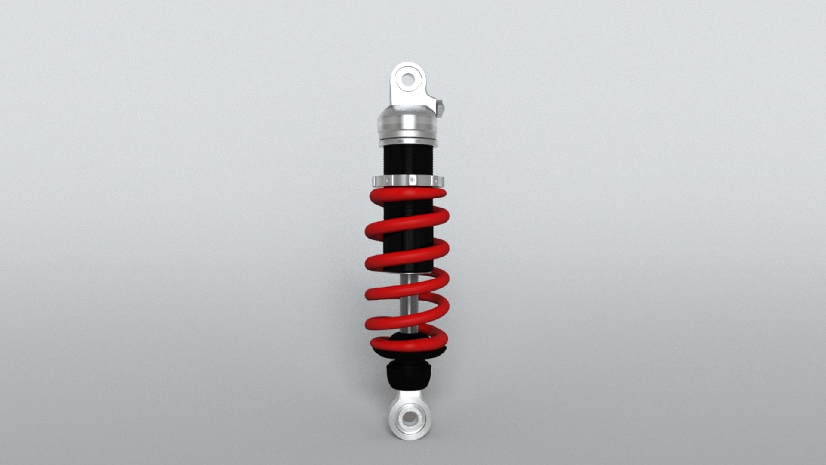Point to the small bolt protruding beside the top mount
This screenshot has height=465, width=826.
(x=440, y=108)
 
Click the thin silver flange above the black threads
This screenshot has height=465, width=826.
(x=408, y=142)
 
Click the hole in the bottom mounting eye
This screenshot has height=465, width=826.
(x=407, y=418)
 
